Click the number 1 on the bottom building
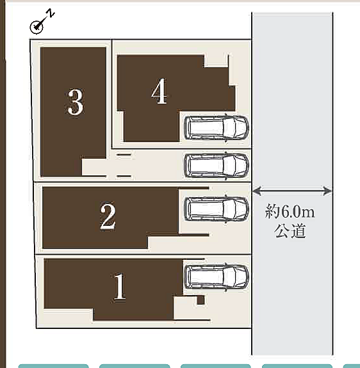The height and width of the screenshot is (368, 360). (119, 287)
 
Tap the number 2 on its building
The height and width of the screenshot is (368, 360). (108, 216)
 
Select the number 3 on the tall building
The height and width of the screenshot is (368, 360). (75, 102)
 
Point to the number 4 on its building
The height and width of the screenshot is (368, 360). (159, 92)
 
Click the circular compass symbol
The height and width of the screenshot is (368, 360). (37, 27)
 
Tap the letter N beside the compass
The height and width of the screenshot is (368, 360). (51, 14)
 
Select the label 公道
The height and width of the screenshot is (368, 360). (291, 231)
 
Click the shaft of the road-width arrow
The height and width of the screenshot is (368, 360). (292, 190)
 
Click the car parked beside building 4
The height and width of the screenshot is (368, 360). (216, 127)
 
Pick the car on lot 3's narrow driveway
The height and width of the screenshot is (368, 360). (216, 165)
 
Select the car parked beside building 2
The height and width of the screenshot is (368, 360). (216, 208)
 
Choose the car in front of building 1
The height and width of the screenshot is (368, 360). (216, 276)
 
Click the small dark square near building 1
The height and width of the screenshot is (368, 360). (200, 300)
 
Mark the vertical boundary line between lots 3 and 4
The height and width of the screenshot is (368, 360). (112, 90)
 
